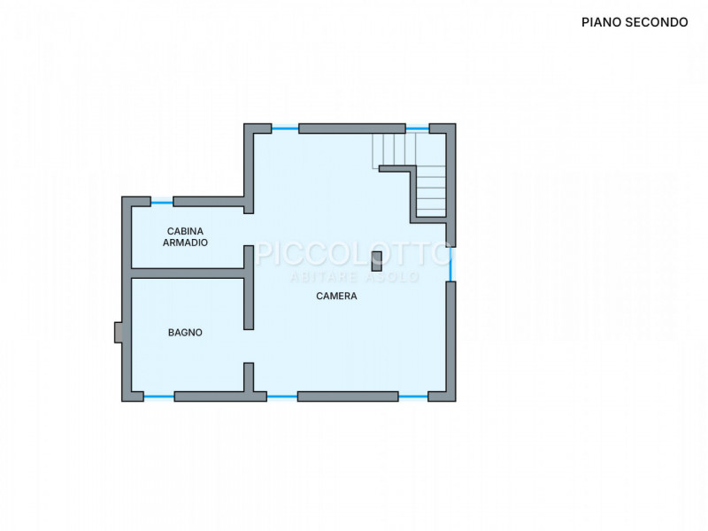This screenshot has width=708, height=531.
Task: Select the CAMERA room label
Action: [x=336, y=296]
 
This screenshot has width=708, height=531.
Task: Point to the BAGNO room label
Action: [x=185, y=333]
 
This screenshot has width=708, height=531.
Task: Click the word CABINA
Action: [x=185, y=231]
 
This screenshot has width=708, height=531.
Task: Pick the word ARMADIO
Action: [x=185, y=242]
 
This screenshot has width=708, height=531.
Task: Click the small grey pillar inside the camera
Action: [x=377, y=261]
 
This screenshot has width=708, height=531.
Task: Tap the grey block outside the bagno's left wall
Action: [x=118, y=332]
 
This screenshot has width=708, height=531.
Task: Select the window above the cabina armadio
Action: [x=162, y=203]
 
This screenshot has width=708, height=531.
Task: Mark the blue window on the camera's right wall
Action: [x=450, y=265]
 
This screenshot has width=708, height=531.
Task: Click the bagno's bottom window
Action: [x=159, y=396]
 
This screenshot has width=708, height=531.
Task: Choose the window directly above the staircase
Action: [x=417, y=128]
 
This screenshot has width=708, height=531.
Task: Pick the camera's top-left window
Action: [x=285, y=128]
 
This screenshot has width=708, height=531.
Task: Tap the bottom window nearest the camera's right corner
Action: [x=413, y=396]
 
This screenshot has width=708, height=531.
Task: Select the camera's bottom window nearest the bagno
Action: [x=282, y=396]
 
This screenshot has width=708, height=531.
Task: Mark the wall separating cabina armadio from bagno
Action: [x=188, y=273]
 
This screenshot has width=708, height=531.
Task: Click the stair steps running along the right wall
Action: [x=431, y=191]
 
